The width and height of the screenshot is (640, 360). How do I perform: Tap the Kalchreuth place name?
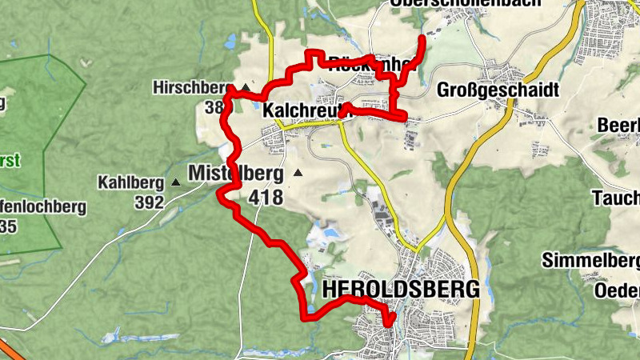point(302,113)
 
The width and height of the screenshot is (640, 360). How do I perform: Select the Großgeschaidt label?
point(497,90)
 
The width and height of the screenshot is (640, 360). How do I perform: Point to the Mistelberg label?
point(236,173)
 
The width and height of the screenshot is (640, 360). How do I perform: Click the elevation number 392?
point(149,202)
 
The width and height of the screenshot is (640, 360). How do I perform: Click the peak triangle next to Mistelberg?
point(298,172)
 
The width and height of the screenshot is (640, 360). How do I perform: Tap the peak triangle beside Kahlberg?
point(175,182)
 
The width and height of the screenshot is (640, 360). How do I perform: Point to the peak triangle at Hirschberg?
point(245,86)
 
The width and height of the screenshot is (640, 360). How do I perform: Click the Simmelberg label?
point(590,261)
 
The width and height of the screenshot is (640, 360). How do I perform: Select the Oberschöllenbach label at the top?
point(464,3)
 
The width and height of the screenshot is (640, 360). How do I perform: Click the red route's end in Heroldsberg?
point(390,324)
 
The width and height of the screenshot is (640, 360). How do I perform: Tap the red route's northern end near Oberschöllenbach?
point(422,37)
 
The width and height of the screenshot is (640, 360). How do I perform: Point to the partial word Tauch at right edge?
point(615,198)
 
